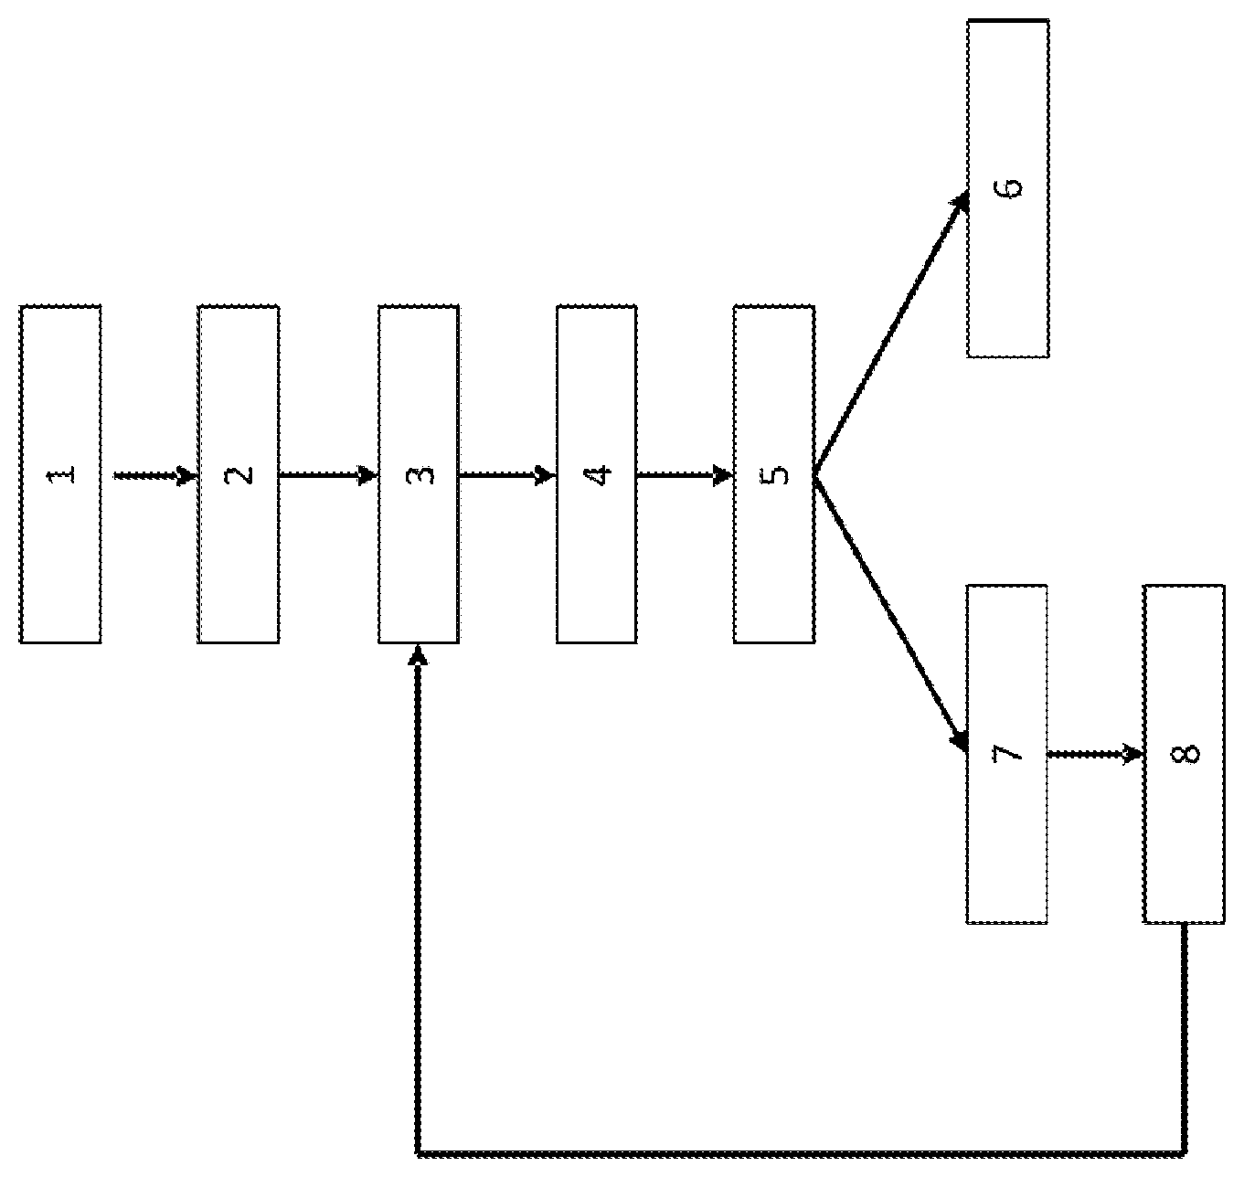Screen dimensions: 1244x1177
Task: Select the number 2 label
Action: [239, 474]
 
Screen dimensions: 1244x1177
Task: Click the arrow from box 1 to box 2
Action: [155, 475]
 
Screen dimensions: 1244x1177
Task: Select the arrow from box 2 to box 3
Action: [328, 475]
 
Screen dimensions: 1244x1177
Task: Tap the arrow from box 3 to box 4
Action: [507, 475]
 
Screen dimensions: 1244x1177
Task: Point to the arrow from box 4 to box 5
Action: [686, 475]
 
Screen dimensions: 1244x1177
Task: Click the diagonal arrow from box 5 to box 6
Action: [891, 334]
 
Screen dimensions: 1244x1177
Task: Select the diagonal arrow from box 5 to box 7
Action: [891, 614]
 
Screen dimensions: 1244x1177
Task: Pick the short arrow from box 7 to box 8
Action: [1095, 754]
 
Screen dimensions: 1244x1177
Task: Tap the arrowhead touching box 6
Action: [961, 204]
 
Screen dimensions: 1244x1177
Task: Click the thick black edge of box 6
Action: [1008, 21]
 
